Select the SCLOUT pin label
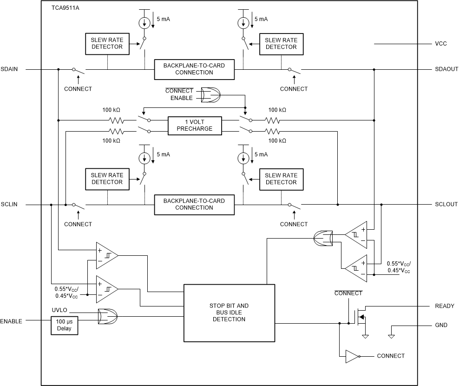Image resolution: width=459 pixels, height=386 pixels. [x=446, y=204]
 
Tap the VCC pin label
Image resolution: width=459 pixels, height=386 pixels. [x=441, y=44]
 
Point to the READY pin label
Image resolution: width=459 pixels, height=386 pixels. [x=444, y=306]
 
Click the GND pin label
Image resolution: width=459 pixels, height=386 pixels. [x=441, y=325]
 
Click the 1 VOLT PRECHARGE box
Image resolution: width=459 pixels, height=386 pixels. [x=195, y=125]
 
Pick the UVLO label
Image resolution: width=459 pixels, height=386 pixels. [x=60, y=310]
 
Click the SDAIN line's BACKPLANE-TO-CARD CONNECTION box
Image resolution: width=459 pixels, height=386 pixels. [x=194, y=69]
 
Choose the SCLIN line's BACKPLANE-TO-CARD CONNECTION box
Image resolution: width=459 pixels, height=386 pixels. [x=194, y=204]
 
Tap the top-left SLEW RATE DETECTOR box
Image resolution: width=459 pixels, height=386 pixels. [x=107, y=43]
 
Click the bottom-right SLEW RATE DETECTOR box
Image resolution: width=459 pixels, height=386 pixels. [x=281, y=179]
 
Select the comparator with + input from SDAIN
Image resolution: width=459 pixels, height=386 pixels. [x=107, y=255]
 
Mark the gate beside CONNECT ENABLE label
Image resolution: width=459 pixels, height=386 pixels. [x=212, y=94]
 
